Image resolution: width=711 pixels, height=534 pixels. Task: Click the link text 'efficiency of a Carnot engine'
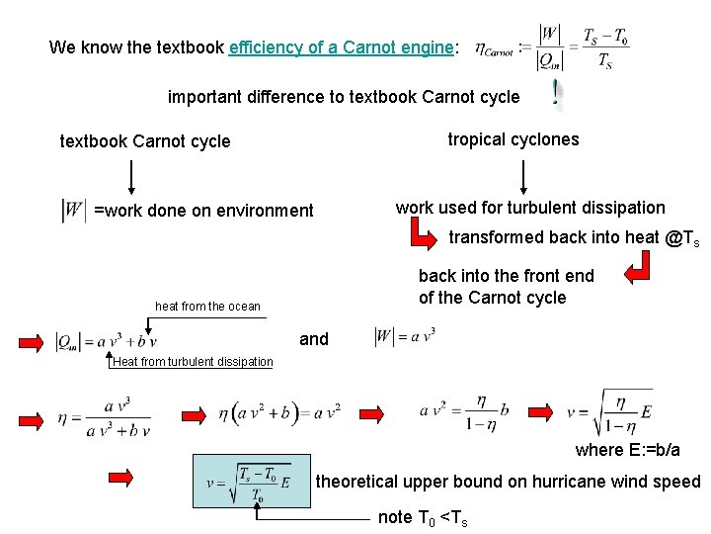[342, 47]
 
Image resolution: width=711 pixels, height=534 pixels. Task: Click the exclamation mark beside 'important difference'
[558, 94]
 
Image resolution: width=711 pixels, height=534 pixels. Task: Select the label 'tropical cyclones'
[513, 139]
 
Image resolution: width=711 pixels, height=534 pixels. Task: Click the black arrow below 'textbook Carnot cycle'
[130, 176]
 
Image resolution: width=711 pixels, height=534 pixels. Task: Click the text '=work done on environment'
[203, 211]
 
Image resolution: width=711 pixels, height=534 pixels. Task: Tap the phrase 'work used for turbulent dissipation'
[530, 208]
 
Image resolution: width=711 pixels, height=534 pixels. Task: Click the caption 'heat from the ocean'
[207, 307]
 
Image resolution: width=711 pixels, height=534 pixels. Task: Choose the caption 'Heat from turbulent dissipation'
[193, 362]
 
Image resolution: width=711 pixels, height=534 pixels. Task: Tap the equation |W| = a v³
[406, 337]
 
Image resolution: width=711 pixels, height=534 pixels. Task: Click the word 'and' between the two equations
[314, 339]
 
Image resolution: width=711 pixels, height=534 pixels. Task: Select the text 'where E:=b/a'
[627, 450]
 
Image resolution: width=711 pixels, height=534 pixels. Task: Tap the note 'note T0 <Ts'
[423, 517]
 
